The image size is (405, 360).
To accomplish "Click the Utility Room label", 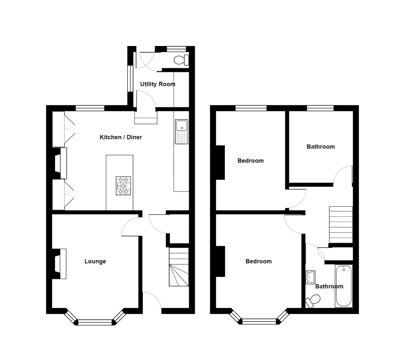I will (157, 84).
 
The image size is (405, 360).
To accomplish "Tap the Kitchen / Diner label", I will (121, 137).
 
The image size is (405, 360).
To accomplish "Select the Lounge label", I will (95, 261).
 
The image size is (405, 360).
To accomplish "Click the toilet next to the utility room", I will (181, 60).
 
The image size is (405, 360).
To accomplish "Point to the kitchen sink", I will (181, 131).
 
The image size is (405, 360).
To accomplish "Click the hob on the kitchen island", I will (123, 186).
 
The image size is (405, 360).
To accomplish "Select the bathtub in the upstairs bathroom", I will (344, 286).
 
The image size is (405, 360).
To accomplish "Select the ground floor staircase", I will (179, 267).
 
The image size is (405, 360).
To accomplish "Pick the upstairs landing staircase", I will (341, 225).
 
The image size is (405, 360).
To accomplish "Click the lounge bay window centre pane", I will (95, 322).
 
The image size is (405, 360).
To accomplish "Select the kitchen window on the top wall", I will (90, 108).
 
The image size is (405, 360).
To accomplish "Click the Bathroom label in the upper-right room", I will (321, 147).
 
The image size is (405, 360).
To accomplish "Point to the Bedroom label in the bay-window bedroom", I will (259, 261).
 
